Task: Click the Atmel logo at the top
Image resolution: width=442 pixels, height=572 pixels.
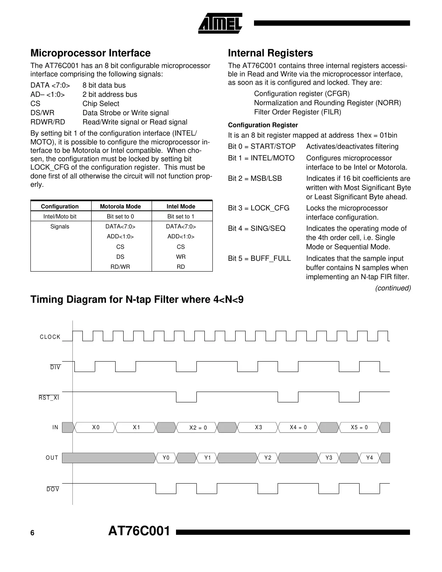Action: pos(220,23)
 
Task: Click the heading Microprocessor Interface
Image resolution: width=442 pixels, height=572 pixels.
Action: pos(90,53)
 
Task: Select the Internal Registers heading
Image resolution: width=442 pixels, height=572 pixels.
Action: pos(270,53)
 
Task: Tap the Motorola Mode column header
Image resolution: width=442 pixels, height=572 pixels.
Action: pos(120,206)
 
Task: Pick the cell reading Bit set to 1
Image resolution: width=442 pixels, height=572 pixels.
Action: pos(181,216)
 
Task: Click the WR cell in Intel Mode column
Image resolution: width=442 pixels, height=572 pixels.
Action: pos(181,257)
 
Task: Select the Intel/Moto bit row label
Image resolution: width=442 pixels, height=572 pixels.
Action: pos(60,216)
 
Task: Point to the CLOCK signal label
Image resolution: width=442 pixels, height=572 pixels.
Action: pos(50,337)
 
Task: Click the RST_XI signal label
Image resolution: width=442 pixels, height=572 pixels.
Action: pos(49,398)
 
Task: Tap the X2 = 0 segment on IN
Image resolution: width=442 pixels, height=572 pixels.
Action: pos(198,428)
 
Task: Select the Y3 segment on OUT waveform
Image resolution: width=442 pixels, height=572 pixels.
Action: pos(329,458)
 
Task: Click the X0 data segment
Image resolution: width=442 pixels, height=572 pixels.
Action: pos(96,427)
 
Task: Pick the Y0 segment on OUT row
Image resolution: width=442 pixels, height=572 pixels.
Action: pos(166,458)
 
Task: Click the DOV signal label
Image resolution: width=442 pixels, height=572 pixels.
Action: pos(53,489)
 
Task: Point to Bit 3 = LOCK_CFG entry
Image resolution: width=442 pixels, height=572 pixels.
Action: pos(258,208)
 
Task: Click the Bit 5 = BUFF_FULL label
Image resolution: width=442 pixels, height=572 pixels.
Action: pos(259,258)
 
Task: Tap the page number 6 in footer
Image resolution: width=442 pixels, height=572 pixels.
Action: pos(32,533)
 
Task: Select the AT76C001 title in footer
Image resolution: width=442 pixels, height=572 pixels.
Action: pos(139,531)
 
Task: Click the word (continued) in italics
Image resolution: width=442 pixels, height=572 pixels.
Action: pos(393,288)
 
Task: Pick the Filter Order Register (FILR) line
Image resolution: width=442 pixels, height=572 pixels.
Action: pos(298,112)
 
